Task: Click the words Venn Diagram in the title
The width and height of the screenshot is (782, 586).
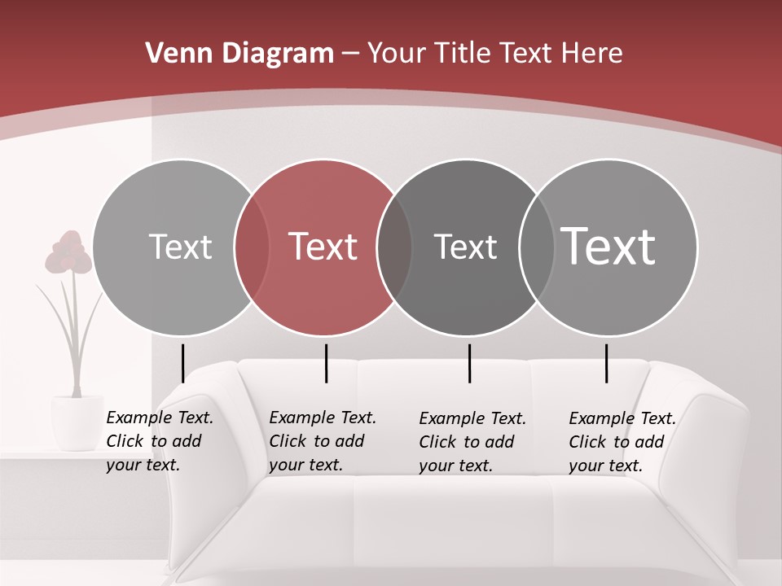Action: tap(239, 54)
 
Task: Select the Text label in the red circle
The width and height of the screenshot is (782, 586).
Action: tap(323, 247)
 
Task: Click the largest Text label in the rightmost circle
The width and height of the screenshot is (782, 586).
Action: tap(608, 247)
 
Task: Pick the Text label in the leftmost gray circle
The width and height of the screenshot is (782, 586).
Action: tap(180, 247)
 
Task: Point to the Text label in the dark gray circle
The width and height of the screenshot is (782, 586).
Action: tap(465, 247)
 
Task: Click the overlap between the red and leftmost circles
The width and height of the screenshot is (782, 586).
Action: tap(252, 247)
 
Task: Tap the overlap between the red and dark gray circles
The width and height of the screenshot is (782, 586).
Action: tap(394, 247)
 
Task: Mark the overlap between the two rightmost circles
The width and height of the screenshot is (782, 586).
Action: tap(536, 247)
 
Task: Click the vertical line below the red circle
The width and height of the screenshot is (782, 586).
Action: tap(326, 363)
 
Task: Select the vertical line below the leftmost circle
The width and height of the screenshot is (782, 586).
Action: tap(183, 363)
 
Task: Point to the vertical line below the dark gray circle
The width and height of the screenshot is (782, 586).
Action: tap(469, 363)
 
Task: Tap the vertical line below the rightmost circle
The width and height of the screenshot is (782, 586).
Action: tap(606, 363)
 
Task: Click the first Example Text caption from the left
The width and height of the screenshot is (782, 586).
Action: tap(159, 441)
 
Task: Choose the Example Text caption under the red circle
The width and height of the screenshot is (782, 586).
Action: tap(322, 441)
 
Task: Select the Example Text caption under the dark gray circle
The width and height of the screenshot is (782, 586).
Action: tap(472, 442)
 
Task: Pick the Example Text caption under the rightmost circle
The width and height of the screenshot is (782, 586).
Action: tap(622, 442)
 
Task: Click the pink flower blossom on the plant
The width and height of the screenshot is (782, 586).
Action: tap(68, 252)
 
